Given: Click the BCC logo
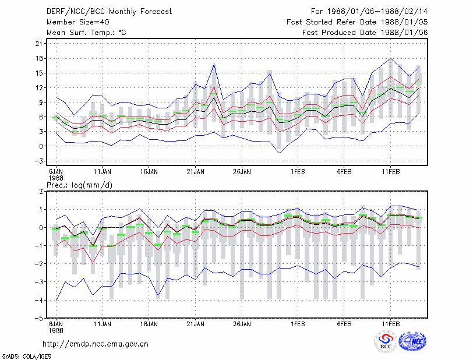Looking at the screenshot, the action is [x=386, y=341].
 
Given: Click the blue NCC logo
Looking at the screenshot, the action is [x=412, y=341].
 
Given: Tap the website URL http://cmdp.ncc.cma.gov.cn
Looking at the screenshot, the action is [x=96, y=344].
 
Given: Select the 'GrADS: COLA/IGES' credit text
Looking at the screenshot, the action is [x=27, y=357].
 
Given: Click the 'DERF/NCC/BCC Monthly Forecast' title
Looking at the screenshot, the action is [x=109, y=12].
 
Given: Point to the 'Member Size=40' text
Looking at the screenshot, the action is [x=78, y=22].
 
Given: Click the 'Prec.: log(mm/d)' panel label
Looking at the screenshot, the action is [x=79, y=185].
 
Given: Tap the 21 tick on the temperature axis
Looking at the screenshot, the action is [x=39, y=44].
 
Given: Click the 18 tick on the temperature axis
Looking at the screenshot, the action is [x=39, y=59].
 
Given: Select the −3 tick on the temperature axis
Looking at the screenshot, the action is [x=38, y=161].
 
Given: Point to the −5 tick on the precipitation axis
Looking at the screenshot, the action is [x=38, y=319].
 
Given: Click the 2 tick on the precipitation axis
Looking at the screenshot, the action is [x=41, y=192].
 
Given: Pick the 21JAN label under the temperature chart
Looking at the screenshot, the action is [x=195, y=172].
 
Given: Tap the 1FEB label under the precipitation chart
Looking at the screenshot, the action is [x=298, y=324].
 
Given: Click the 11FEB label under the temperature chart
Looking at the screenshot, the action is [x=391, y=172].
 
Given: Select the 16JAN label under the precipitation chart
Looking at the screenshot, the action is [x=149, y=324].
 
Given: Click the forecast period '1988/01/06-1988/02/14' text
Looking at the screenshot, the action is [x=377, y=12].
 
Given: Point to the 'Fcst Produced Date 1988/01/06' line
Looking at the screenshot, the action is [x=365, y=33].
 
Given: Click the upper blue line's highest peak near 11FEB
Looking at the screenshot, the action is [x=391, y=58].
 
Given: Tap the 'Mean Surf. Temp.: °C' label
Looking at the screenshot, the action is [x=86, y=33].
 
